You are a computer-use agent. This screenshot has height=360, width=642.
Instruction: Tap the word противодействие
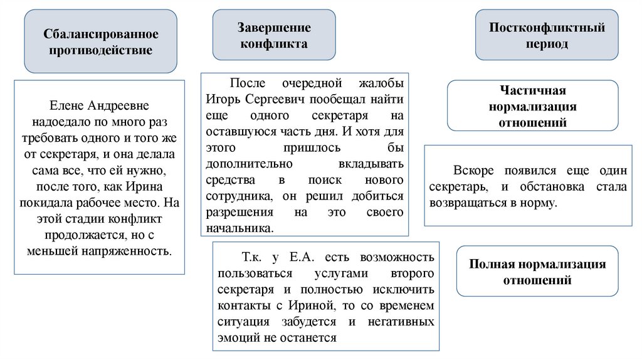(100, 50)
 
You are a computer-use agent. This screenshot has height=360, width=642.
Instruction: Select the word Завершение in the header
(274, 28)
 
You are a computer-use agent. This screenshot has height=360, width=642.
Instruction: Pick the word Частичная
(532, 90)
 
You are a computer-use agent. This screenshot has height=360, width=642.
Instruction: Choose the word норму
(538, 203)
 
